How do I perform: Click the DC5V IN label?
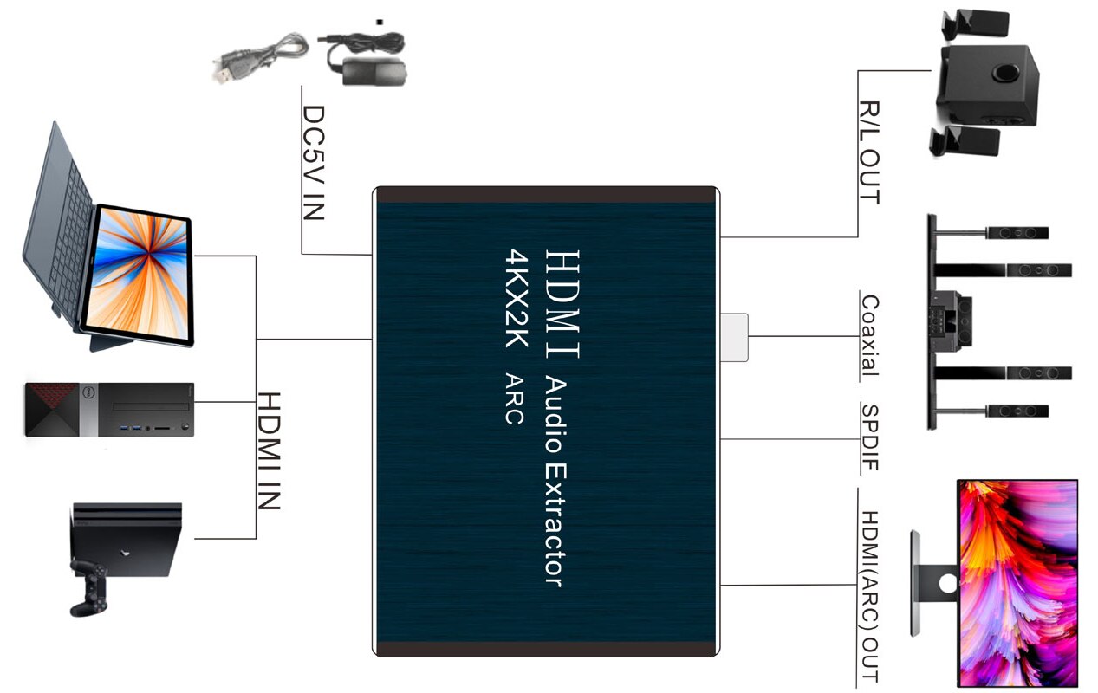point(313,163)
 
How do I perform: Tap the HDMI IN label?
point(270,450)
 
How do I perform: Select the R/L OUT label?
point(869,152)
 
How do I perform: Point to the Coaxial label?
point(869,336)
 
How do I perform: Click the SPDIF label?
point(869,437)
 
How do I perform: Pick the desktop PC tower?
point(108,409)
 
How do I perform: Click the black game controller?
point(89,585)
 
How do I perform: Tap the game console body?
point(130,537)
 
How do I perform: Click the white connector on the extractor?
point(734,337)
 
